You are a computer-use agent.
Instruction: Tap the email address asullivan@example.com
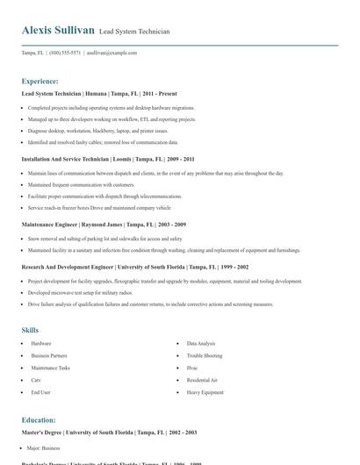point(112,53)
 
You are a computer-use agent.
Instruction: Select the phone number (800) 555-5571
point(66,53)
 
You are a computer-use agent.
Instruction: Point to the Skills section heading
point(30,330)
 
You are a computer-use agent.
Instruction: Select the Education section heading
point(39,420)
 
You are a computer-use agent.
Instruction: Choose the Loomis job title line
point(108,160)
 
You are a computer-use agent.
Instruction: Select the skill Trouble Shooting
point(205,356)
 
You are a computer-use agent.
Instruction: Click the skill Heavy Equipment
point(205,393)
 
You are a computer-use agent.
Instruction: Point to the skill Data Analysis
point(201,344)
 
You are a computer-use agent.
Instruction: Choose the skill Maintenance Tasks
point(51,368)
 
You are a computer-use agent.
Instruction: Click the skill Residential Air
point(202,381)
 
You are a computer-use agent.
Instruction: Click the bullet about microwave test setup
point(80,291)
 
